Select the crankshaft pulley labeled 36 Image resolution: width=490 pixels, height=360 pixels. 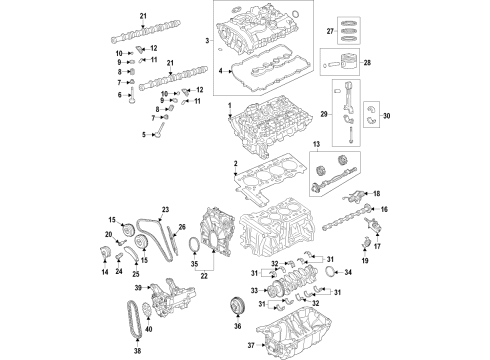(238, 305)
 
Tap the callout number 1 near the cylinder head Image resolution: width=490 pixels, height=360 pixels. (228, 106)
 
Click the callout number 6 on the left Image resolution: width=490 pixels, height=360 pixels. (119, 95)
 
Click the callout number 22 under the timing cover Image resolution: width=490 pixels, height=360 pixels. (206, 276)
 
